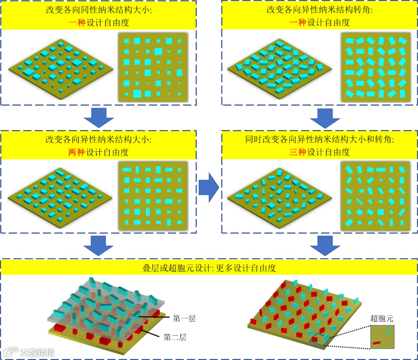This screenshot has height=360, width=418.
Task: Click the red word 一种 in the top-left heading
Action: pos(77,22)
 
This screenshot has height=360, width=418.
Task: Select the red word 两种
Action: pos(77,153)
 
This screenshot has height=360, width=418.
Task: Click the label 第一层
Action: pos(184,319)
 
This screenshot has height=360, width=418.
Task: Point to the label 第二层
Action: pos(175,337)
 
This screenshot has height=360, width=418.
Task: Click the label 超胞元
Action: pos(382,319)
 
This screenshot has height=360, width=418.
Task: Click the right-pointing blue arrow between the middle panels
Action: pos(209,187)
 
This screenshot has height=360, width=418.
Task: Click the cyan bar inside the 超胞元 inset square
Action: pos(388,331)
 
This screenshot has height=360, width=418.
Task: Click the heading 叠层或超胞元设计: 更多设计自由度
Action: pos(209,267)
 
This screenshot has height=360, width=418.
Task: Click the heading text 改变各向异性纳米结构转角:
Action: pos(320,10)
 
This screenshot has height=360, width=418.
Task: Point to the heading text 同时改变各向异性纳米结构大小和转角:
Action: pos(320,140)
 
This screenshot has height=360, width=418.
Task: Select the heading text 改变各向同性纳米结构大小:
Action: pos(99,10)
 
